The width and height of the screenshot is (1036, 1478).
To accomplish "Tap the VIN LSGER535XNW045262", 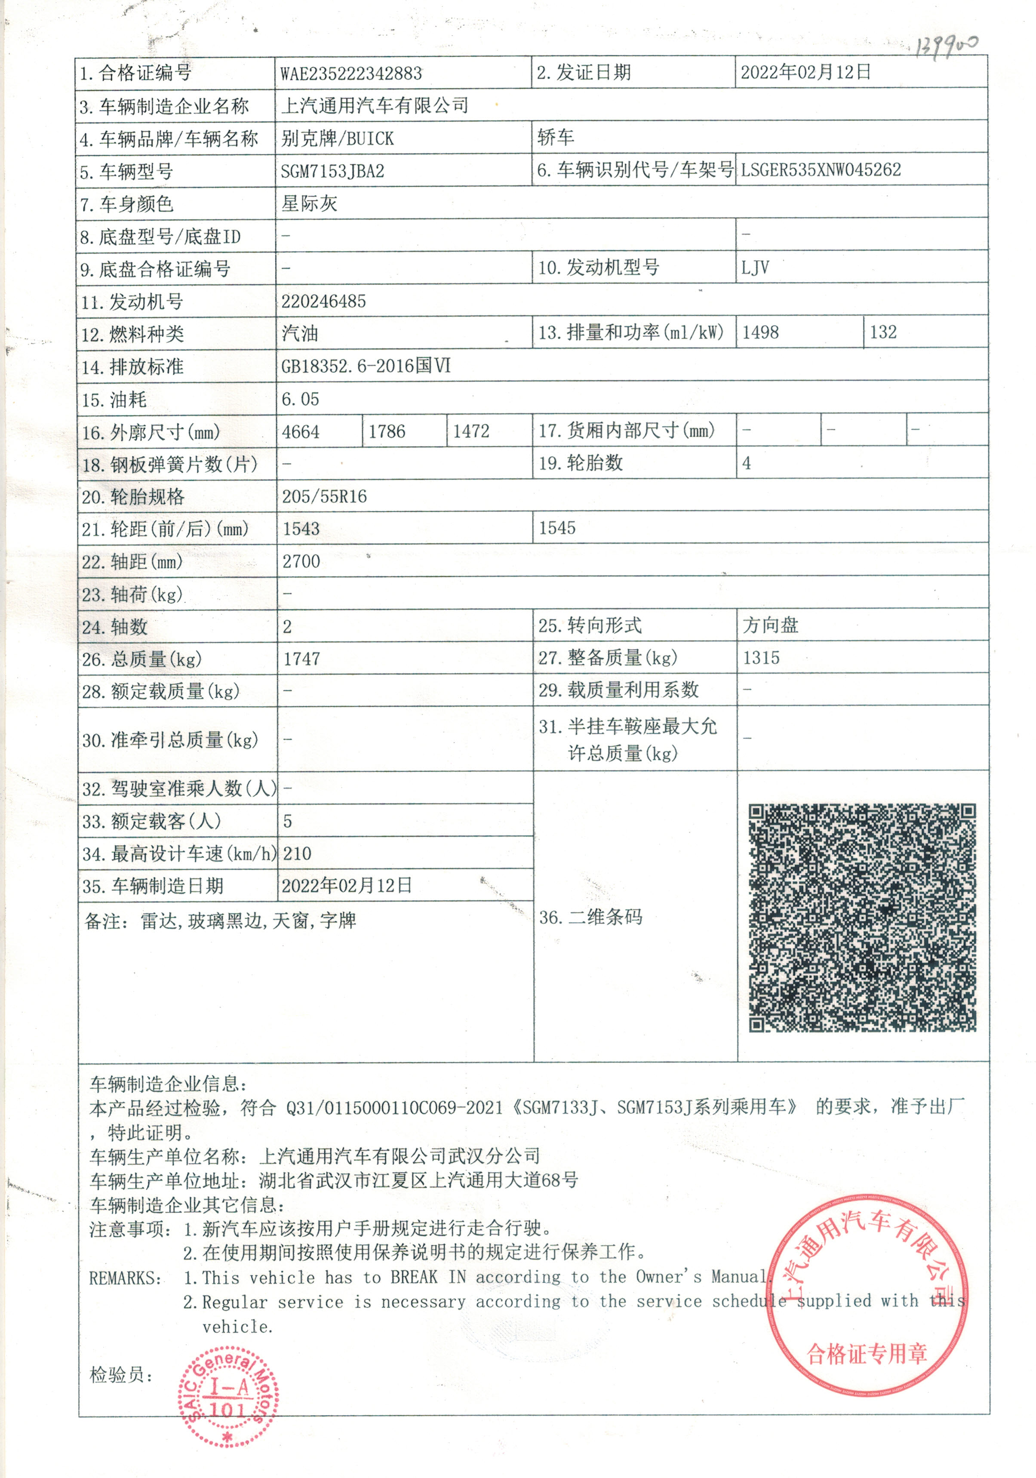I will [821, 170].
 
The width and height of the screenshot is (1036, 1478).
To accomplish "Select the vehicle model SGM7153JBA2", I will [332, 171].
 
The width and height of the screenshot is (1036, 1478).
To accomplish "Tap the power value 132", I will [883, 332].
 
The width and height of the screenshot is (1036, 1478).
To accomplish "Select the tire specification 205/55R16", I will [324, 496].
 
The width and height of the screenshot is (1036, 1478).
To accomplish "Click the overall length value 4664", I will [301, 431].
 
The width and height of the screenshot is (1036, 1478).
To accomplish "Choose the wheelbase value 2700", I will [301, 561].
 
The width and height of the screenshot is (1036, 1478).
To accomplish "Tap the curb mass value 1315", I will [761, 658].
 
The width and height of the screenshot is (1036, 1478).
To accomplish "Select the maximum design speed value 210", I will [297, 853].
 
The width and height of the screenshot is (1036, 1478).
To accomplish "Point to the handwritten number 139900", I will [946, 46].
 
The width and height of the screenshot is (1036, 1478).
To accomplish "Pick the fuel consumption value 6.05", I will [300, 399].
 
